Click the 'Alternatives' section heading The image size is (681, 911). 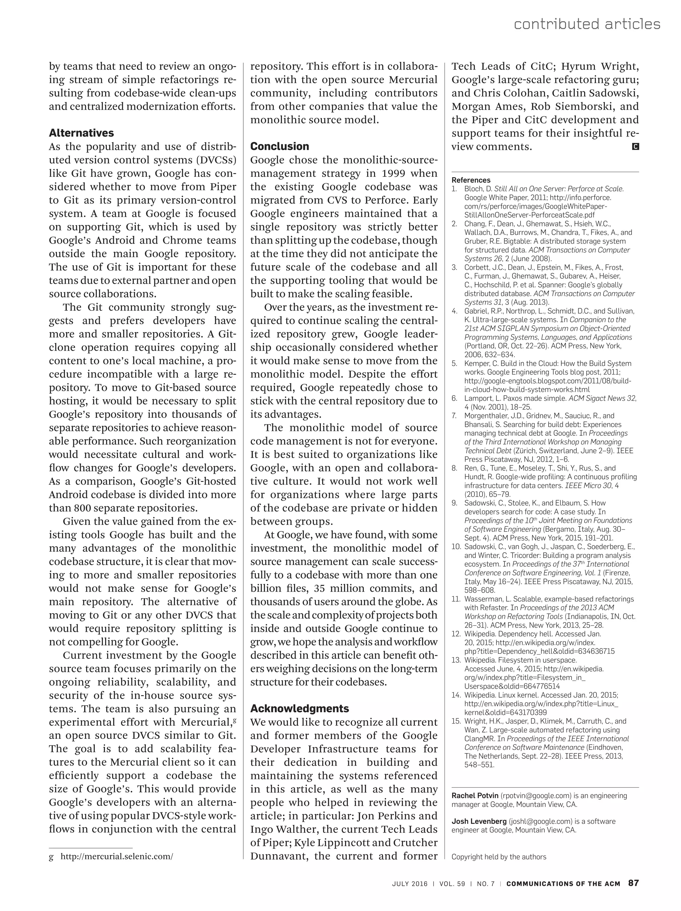tap(81, 133)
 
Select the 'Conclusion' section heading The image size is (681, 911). tap(279, 147)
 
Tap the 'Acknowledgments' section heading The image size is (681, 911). tap(300, 708)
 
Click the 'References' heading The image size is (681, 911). tap(471, 180)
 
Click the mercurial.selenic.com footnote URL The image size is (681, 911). tap(117, 856)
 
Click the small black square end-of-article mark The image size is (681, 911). tap(635, 147)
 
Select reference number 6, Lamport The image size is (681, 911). tap(455, 398)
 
